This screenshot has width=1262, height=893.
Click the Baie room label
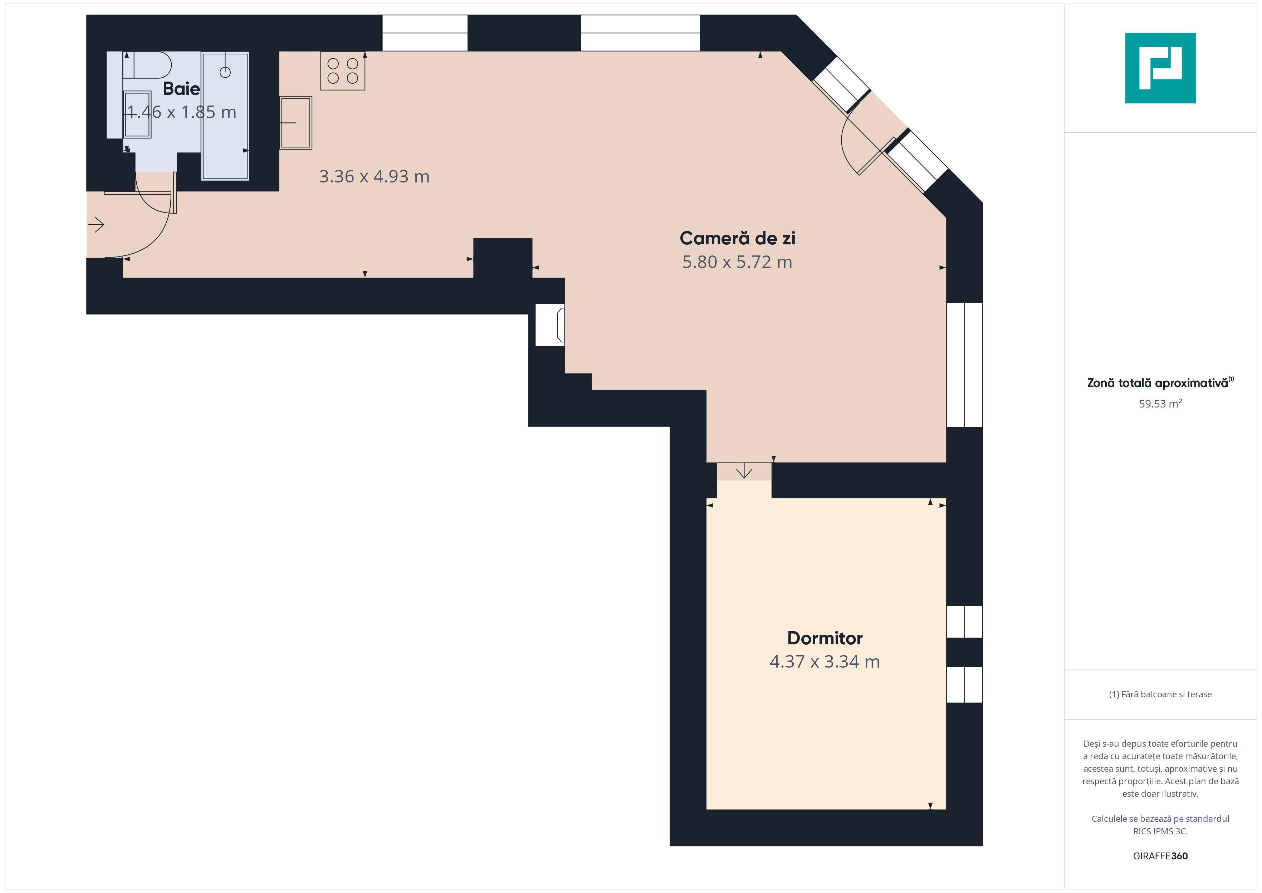pyautogui.click(x=181, y=88)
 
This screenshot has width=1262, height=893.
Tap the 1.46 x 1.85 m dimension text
pyautogui.click(x=181, y=112)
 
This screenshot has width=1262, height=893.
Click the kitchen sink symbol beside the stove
pyautogui.click(x=296, y=123)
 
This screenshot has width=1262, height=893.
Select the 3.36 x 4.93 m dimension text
pyautogui.click(x=374, y=176)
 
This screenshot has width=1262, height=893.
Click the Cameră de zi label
pyautogui.click(x=737, y=238)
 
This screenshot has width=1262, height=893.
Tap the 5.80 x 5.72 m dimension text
pyautogui.click(x=737, y=262)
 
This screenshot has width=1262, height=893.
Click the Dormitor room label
pyautogui.click(x=825, y=638)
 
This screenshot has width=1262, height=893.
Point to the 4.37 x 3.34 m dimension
pyautogui.click(x=825, y=662)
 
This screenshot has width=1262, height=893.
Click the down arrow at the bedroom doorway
pyautogui.click(x=744, y=471)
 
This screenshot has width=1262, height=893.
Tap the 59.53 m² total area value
pyautogui.click(x=1160, y=404)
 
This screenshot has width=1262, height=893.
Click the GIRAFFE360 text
pyautogui.click(x=1160, y=855)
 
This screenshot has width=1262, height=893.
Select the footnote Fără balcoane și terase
pyautogui.click(x=1160, y=694)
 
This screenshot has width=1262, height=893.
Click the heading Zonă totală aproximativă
pyautogui.click(x=1158, y=383)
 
